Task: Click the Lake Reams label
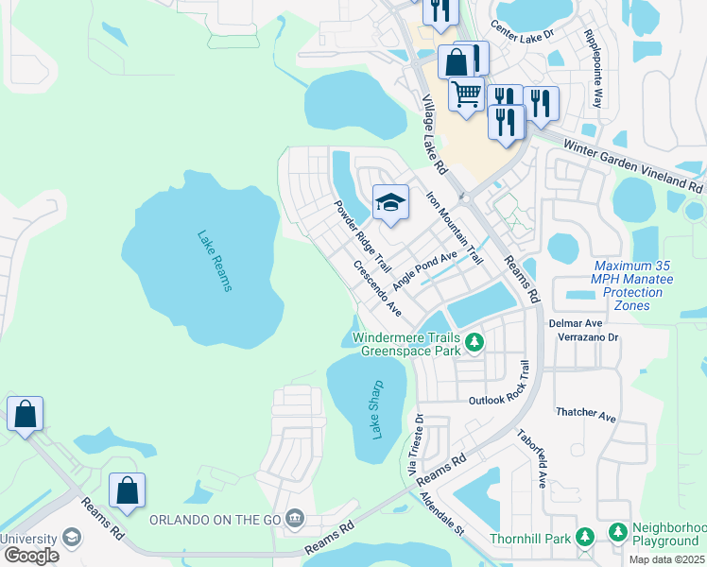pyautogui.click(x=215, y=261)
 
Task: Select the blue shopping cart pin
pyautogui.click(x=466, y=94)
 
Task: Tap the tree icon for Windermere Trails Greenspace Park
pyautogui.click(x=474, y=341)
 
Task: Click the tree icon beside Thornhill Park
pyautogui.click(x=585, y=537)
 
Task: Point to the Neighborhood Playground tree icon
pyautogui.click(x=618, y=532)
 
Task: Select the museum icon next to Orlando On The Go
pyautogui.click(x=295, y=518)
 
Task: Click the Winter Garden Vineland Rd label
pyautogui.click(x=632, y=162)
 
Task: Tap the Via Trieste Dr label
pyautogui.click(x=415, y=442)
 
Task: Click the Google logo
pyautogui.click(x=31, y=555)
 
